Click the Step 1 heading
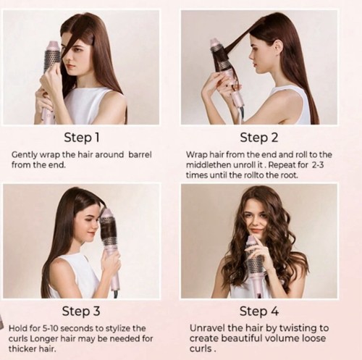click(x=82, y=138)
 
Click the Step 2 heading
click(x=259, y=138)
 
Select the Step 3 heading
click(x=81, y=311)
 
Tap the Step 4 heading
click(x=259, y=311)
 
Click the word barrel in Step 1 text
click(x=140, y=154)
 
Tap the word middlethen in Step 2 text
click(x=209, y=165)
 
